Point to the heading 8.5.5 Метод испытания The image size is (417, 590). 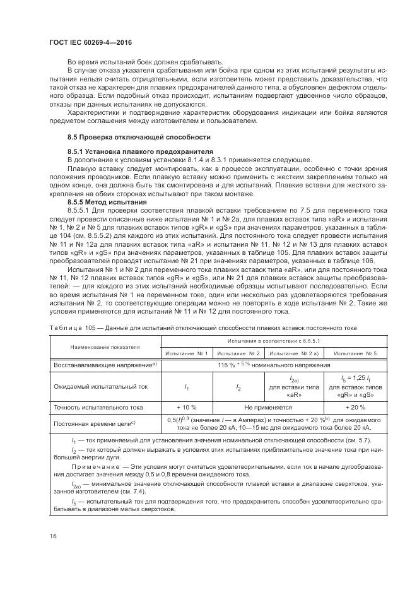(103, 201)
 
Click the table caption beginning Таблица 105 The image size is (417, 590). (203, 327)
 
